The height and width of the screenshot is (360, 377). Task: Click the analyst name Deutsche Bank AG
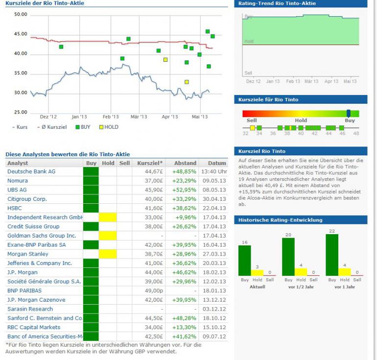coord(31,171)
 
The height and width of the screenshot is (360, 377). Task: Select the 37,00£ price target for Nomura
coord(154,181)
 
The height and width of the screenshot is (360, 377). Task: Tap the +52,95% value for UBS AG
coord(184,190)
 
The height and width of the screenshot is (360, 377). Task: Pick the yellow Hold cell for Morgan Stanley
coord(108,254)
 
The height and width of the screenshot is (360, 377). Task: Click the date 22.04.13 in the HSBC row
coord(216,208)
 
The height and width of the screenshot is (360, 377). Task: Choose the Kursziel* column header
coord(150,163)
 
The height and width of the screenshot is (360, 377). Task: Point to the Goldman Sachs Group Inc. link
coord(42,236)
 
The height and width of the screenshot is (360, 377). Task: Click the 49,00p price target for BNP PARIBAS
coord(154,291)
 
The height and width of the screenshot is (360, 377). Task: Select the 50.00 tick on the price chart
coord(21,15)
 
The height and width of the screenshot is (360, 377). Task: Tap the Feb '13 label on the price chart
coord(111,117)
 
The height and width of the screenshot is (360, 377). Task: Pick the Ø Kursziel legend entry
coord(53,127)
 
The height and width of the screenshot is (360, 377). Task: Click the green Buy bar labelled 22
coord(332,255)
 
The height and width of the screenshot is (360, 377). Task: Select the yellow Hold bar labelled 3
coord(257,272)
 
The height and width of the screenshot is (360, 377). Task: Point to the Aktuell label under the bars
coord(257,287)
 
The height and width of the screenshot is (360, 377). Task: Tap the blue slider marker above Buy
coord(349,113)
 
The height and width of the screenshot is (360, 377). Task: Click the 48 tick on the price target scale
coord(356,133)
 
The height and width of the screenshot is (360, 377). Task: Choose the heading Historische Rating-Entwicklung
coord(280,220)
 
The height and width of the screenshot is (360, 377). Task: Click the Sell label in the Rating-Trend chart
coord(248,73)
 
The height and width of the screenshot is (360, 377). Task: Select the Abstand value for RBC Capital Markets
coord(184,328)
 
